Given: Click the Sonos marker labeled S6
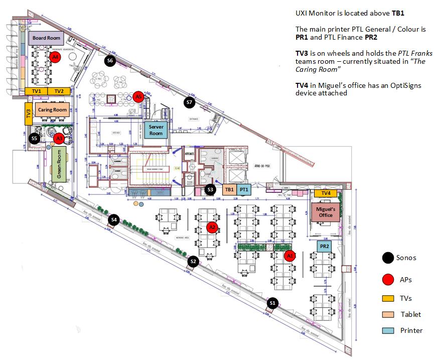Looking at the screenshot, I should pos(110,61).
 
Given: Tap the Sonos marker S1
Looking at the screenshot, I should pos(272,303).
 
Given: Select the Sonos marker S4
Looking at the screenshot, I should pos(114,219).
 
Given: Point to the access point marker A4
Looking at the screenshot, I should pos(56,58).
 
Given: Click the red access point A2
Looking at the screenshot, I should pos(212,227).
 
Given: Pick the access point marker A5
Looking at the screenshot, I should pos(139,96).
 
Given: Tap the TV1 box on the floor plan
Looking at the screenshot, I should pos(36,91).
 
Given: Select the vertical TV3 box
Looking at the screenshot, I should pos(29,114).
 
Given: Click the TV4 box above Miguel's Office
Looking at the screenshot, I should pos(326,193).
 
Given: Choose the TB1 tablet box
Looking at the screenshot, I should pos(229,190).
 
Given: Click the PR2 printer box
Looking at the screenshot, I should pos(324,247).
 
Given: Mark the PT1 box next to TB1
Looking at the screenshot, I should pos(244,190).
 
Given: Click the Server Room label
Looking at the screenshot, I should pos(156,130).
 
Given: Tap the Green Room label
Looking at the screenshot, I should pos(59,164).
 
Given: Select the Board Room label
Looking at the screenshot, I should pos(46,38).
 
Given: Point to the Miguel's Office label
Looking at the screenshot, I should pos(326,211).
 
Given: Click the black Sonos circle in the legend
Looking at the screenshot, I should pos(387,258).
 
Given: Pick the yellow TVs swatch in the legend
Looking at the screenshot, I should pos(387,298).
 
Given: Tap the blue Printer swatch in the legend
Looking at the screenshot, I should pos(387,330).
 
